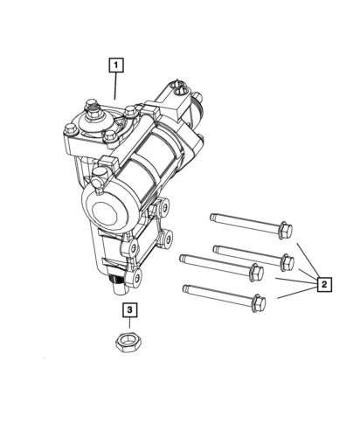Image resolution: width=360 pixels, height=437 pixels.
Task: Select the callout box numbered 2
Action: (x=323, y=284)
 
